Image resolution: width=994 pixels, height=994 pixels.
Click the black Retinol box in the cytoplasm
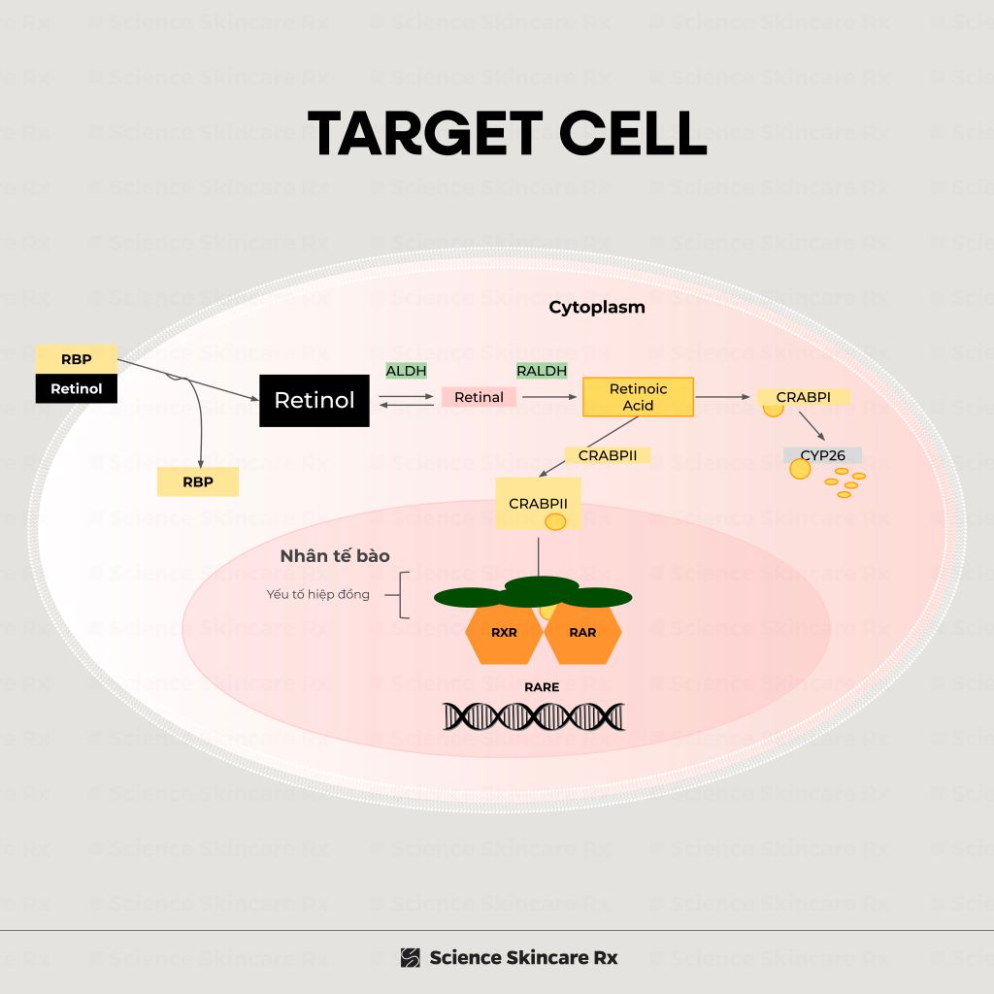click(x=315, y=400)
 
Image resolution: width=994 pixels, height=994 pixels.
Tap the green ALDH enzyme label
click(x=406, y=371)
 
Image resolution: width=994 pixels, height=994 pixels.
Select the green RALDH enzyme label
click(x=542, y=371)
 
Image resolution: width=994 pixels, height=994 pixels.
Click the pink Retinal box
click(x=479, y=397)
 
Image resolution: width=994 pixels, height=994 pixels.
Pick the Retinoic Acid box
click(x=638, y=397)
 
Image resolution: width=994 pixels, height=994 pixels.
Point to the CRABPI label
click(x=803, y=397)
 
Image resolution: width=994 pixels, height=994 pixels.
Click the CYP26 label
click(x=822, y=455)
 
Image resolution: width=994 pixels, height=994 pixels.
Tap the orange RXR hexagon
click(x=504, y=633)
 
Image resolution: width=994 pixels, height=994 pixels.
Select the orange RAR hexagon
click(x=582, y=633)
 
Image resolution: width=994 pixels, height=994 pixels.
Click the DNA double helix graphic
click(x=534, y=716)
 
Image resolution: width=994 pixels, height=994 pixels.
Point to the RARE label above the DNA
click(x=542, y=687)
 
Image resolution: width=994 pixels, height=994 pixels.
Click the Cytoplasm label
click(x=597, y=308)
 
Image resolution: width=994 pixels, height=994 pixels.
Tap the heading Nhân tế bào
click(x=335, y=556)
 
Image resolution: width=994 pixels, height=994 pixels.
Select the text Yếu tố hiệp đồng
click(x=318, y=594)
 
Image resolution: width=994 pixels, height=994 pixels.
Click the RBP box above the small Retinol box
click(x=76, y=359)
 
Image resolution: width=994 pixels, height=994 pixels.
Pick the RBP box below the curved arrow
click(x=198, y=481)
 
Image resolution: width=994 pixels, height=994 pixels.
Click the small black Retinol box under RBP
click(x=76, y=389)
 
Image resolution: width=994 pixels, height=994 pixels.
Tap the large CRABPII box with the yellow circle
click(x=538, y=504)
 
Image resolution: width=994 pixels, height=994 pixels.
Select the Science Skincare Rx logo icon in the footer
click(x=411, y=958)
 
